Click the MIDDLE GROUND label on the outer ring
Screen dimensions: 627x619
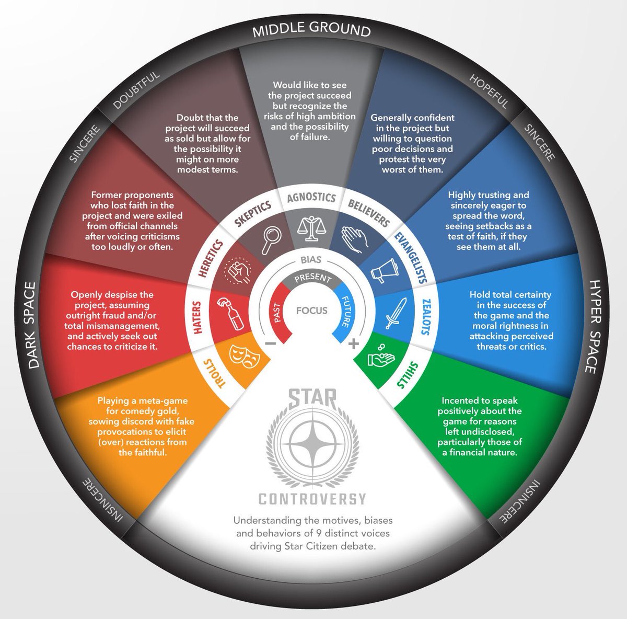pyautogui.click(x=311, y=30)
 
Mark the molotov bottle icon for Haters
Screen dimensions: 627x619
pyautogui.click(x=228, y=314)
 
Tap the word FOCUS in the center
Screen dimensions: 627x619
pyautogui.click(x=312, y=311)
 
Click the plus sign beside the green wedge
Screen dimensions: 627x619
pyautogui.click(x=354, y=343)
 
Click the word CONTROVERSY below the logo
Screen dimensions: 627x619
pyautogui.click(x=312, y=499)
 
